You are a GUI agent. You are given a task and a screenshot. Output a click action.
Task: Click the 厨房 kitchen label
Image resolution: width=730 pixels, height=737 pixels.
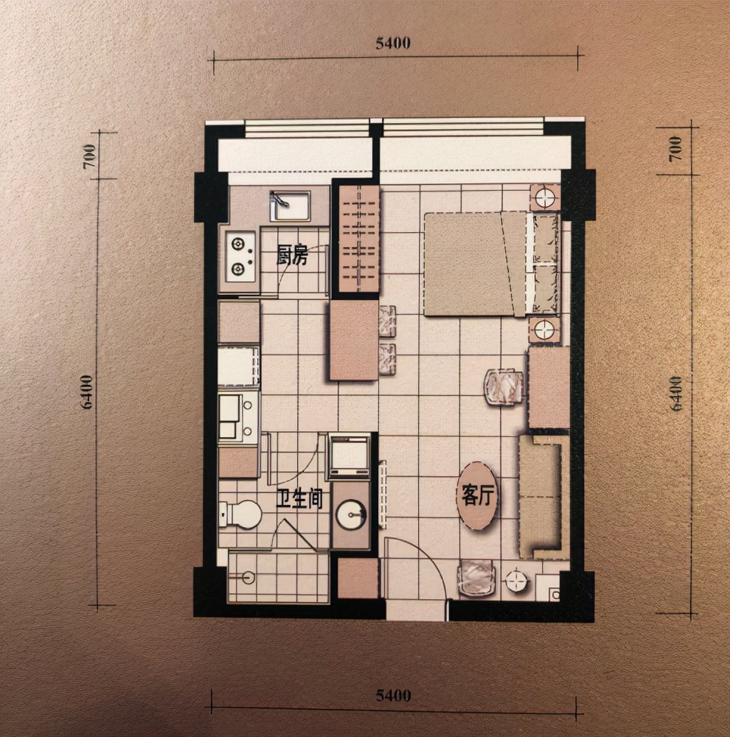tap(291, 256)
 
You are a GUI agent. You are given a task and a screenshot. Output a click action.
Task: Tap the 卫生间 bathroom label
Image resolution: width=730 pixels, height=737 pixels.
tap(299, 499)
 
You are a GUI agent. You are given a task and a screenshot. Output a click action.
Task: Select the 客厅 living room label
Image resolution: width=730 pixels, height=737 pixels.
tap(477, 495)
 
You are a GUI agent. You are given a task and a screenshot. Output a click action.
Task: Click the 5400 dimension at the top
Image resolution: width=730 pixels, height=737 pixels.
tap(393, 43)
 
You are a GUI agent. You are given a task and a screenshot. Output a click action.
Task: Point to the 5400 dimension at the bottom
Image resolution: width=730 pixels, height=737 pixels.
tap(393, 695)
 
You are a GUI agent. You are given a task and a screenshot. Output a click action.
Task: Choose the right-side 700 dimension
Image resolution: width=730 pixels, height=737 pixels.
tap(676, 148)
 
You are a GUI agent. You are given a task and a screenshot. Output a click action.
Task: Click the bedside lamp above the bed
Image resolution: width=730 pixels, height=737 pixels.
tap(546, 198)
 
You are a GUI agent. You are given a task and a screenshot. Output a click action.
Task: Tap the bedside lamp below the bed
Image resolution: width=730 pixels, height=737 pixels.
tap(546, 330)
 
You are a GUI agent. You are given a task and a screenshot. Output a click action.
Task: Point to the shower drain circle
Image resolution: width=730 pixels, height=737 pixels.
tap(248, 577)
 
